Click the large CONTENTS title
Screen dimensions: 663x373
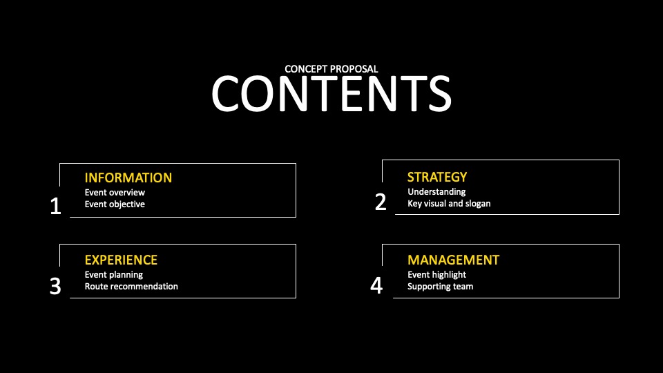click(331, 94)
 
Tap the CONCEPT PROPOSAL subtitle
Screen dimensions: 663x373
click(331, 69)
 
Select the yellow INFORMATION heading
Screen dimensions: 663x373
click(128, 178)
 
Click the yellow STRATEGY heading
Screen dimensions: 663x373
click(437, 177)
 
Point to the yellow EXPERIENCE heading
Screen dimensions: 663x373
click(121, 260)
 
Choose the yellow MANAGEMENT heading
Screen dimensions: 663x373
click(453, 260)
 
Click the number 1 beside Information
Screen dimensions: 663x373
click(55, 207)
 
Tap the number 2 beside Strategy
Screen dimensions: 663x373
click(381, 202)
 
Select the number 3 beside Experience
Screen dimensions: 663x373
click(55, 286)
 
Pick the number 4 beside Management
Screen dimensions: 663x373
click(376, 285)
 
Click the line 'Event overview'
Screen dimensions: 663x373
click(115, 193)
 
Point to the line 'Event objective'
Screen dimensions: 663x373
click(115, 204)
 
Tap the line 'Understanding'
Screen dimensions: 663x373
click(436, 192)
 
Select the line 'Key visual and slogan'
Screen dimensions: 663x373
click(449, 203)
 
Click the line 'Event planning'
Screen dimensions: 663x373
click(114, 275)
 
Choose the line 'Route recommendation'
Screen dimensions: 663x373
click(131, 286)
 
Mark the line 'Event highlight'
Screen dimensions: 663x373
click(436, 275)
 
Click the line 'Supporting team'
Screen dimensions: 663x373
click(440, 287)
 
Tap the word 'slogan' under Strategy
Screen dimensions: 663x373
click(478, 204)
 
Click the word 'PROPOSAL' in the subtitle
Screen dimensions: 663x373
click(354, 69)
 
